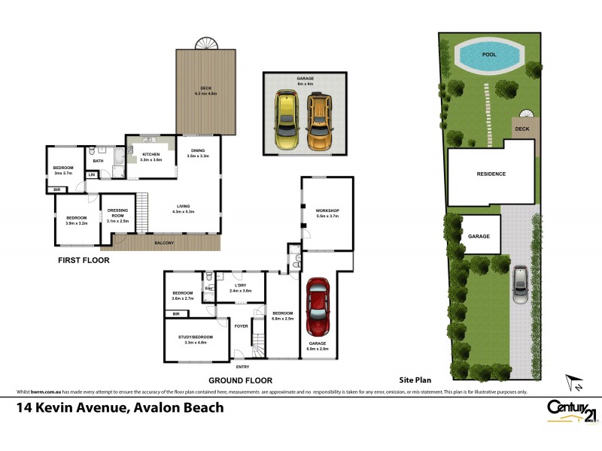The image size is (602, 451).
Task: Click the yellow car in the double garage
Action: tap(287, 120)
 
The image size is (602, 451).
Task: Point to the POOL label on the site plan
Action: tap(489, 55)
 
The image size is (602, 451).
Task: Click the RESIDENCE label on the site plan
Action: tap(491, 174)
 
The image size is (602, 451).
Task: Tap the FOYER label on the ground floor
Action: tap(241, 326)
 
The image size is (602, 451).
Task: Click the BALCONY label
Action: tap(165, 243)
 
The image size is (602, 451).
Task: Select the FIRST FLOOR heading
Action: tap(84, 261)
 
